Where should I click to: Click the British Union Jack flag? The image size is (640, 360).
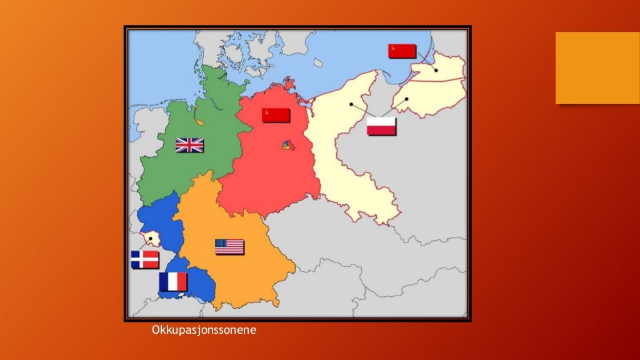pyautogui.click(x=189, y=145)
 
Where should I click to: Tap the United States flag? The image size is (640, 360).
pyautogui.click(x=229, y=247)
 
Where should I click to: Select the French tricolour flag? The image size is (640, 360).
pyautogui.click(x=173, y=282)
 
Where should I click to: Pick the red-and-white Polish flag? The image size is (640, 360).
pyautogui.click(x=381, y=126)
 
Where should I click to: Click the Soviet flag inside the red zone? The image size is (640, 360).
pyautogui.click(x=276, y=115)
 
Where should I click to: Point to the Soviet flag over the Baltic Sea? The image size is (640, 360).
pyautogui.click(x=402, y=51)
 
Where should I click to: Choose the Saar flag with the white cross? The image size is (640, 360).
pyautogui.click(x=144, y=259)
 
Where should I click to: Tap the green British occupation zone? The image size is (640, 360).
pyautogui.click(x=187, y=169)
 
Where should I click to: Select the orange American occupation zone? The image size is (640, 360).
pyautogui.click(x=250, y=269)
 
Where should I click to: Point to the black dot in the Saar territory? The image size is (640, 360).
pyautogui.click(x=150, y=238)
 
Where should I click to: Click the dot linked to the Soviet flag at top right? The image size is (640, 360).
pyautogui.click(x=436, y=70)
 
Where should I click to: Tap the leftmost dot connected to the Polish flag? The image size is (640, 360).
pyautogui.click(x=351, y=104)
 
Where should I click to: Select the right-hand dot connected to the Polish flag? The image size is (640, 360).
pyautogui.click(x=406, y=99)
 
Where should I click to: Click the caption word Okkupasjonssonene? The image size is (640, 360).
pyautogui.click(x=204, y=330)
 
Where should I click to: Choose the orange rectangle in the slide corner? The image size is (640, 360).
pyautogui.click(x=597, y=67)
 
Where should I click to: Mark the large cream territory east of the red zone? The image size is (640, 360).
pyautogui.click(x=350, y=156)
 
